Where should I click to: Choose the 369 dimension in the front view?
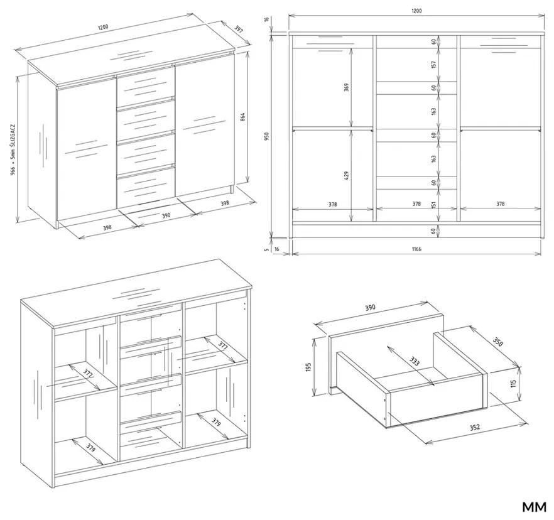point(347,87)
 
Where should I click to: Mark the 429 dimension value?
point(347,175)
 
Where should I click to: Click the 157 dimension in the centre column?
point(433,65)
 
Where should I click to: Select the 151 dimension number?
point(433,205)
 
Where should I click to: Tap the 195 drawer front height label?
point(308,366)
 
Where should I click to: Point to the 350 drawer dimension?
point(498,342)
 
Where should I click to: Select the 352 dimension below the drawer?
point(474,427)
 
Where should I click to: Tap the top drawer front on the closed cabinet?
point(144,85)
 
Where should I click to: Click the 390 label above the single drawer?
point(370,307)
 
